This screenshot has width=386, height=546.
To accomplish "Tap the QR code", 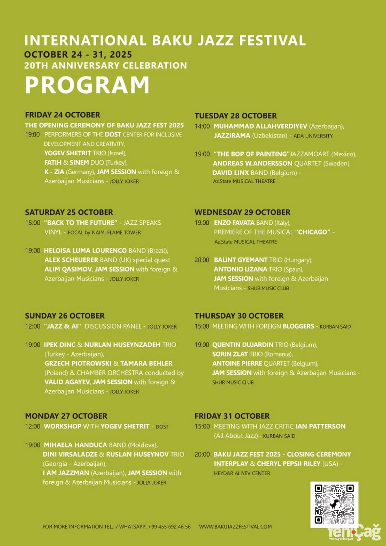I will coord(334,504).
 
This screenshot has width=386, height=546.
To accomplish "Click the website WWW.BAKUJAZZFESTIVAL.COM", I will coord(235,526).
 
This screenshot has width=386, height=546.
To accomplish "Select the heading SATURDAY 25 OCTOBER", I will coord(69,212).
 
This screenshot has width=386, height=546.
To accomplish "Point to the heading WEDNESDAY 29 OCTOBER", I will coord(242,212).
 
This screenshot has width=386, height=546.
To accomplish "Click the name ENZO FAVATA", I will coord(234,223).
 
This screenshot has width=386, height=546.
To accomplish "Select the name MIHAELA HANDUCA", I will coord(75,445).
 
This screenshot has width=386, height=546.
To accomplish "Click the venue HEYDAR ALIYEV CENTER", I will coord(242,473).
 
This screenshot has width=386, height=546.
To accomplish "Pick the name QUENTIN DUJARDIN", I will coord(243,345).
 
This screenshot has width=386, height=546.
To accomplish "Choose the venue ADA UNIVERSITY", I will coord(313,136).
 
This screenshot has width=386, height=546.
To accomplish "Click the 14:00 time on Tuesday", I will coord(202,126).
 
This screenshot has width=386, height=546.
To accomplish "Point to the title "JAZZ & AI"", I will coord(63,326).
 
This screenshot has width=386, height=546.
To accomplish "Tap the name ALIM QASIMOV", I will coord(68,269).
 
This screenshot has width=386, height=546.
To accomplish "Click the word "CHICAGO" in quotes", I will coord(313,232).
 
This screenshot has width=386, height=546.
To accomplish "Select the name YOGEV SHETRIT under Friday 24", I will coord(68,153).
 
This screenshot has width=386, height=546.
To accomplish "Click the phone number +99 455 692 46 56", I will coord(169,526).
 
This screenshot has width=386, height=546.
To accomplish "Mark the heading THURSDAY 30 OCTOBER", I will coord(239,316).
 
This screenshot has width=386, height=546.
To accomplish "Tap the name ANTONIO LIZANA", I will coord(240,269).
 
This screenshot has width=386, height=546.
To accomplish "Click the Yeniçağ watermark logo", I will coord(354,532).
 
